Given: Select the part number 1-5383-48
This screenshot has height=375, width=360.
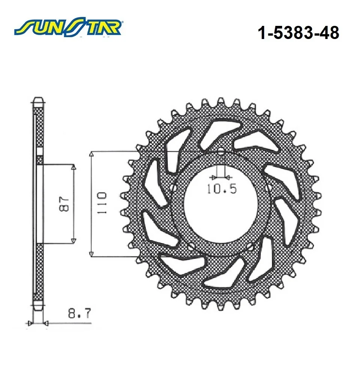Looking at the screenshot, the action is click(x=298, y=33).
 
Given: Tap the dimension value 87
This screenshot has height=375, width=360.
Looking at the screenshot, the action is click(x=64, y=204).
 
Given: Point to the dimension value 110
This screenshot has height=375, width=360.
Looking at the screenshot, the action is click(x=102, y=203).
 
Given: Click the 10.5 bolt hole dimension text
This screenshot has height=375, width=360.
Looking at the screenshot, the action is click(x=221, y=189).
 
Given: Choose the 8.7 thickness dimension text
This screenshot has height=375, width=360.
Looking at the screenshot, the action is click(x=79, y=313).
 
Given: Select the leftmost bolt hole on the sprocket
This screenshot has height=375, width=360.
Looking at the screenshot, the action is click(x=174, y=187).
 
